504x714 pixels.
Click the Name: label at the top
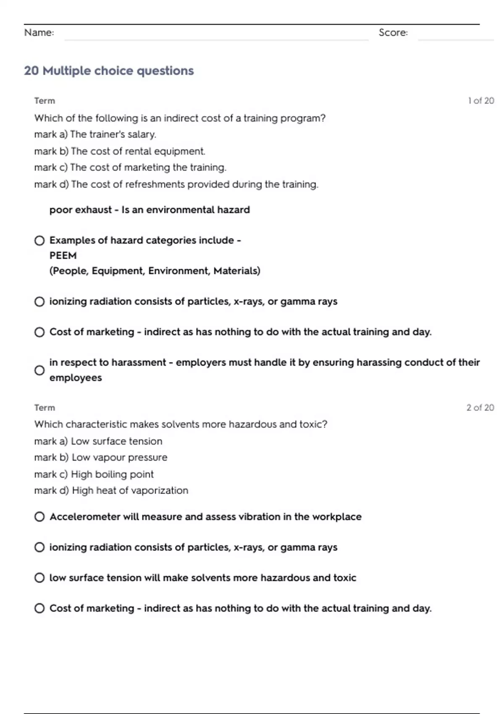click(39, 32)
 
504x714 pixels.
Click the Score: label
click(393, 32)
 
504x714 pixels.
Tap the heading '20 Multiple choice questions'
click(109, 71)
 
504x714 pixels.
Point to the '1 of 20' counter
click(481, 101)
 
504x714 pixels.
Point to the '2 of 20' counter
click(480, 407)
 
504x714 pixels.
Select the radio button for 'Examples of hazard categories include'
click(39, 241)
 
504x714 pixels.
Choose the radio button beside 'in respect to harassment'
click(39, 370)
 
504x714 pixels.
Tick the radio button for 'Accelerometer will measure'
click(39, 517)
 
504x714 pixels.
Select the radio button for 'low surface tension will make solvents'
click(39, 577)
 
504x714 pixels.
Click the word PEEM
click(63, 255)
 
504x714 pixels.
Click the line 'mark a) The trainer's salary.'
click(95, 134)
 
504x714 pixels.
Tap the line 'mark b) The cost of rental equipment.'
click(120, 151)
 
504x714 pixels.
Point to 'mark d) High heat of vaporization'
click(111, 491)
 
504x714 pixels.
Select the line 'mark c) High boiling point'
click(94, 474)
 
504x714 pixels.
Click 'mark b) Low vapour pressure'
click(101, 457)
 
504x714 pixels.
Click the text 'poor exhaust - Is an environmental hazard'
click(150, 210)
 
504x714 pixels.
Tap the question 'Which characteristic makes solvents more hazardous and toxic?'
click(181, 424)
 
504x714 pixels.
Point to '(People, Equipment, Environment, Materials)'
click(155, 271)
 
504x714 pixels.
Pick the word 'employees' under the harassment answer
click(76, 378)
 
